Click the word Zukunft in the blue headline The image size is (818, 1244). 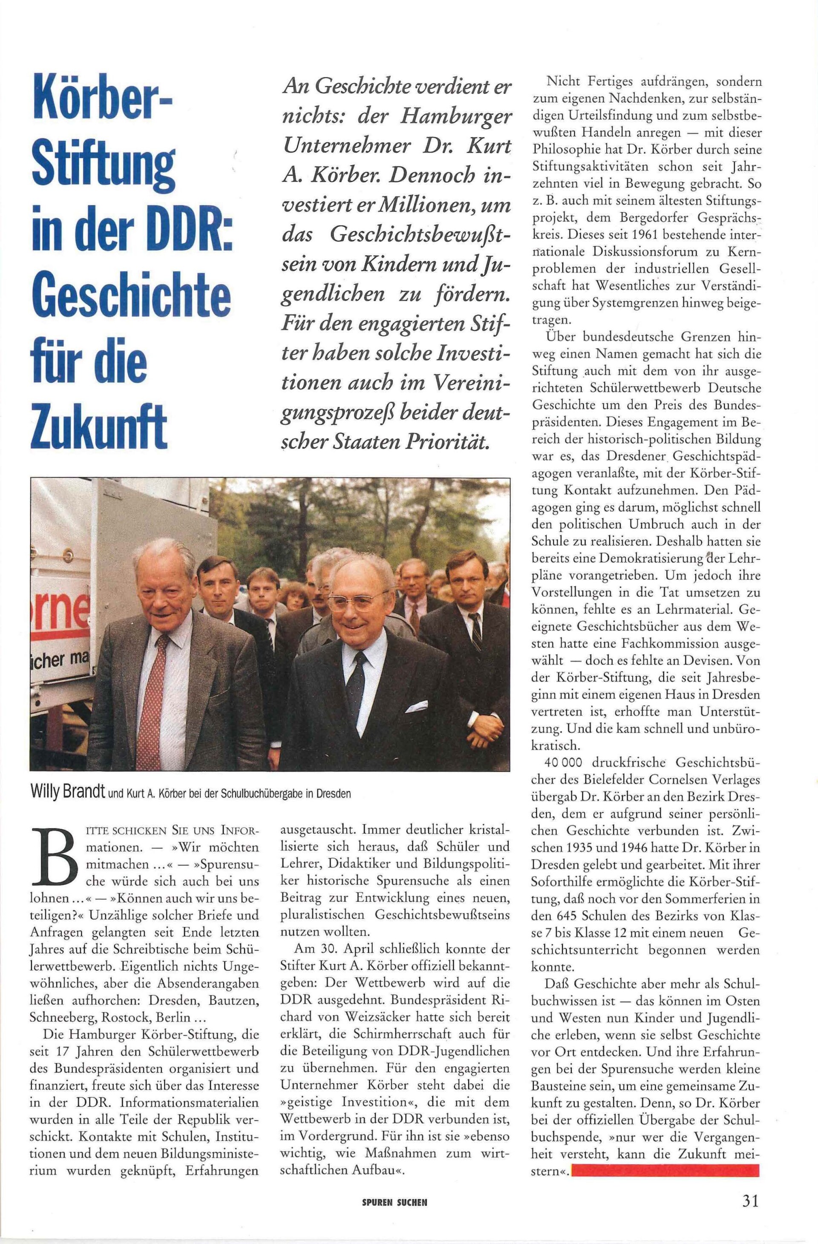[99, 425]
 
